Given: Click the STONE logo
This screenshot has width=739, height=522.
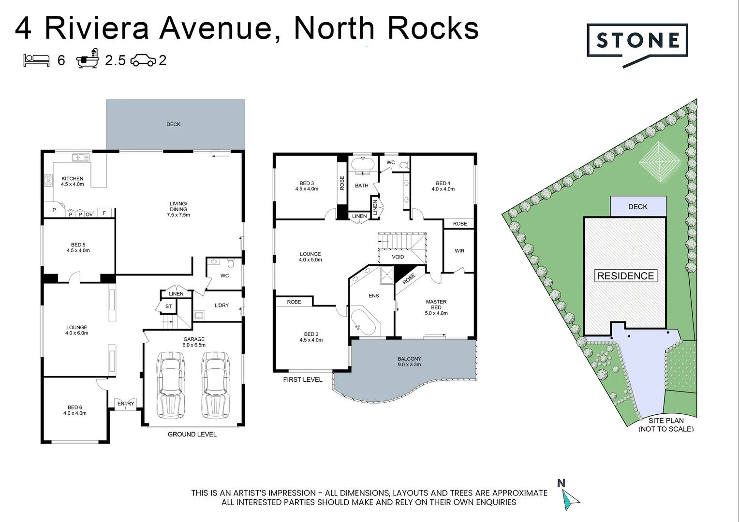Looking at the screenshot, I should [x=637, y=41].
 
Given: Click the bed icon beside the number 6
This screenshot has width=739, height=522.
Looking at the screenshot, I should [x=37, y=60].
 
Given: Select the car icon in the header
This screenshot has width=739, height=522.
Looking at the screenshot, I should [x=143, y=60].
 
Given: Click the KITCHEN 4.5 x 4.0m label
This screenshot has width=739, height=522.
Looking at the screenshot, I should [x=73, y=181].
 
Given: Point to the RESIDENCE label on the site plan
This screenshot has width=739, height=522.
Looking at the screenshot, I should [x=625, y=276].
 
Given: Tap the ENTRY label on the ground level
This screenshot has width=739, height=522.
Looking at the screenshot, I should [x=126, y=404].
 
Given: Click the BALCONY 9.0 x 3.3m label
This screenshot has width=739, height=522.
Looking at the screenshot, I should [x=409, y=362].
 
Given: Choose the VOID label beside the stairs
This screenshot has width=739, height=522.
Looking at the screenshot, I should [x=398, y=257].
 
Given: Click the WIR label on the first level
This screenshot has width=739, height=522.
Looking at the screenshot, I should [x=459, y=251].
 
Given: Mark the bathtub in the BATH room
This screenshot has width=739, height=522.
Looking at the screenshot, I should [x=362, y=164].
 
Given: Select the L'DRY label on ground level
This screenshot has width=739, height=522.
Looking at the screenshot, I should [x=222, y=305].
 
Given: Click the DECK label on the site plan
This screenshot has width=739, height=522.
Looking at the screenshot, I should [x=637, y=207].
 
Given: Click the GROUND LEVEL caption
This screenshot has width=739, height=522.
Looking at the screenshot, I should [x=192, y=434].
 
